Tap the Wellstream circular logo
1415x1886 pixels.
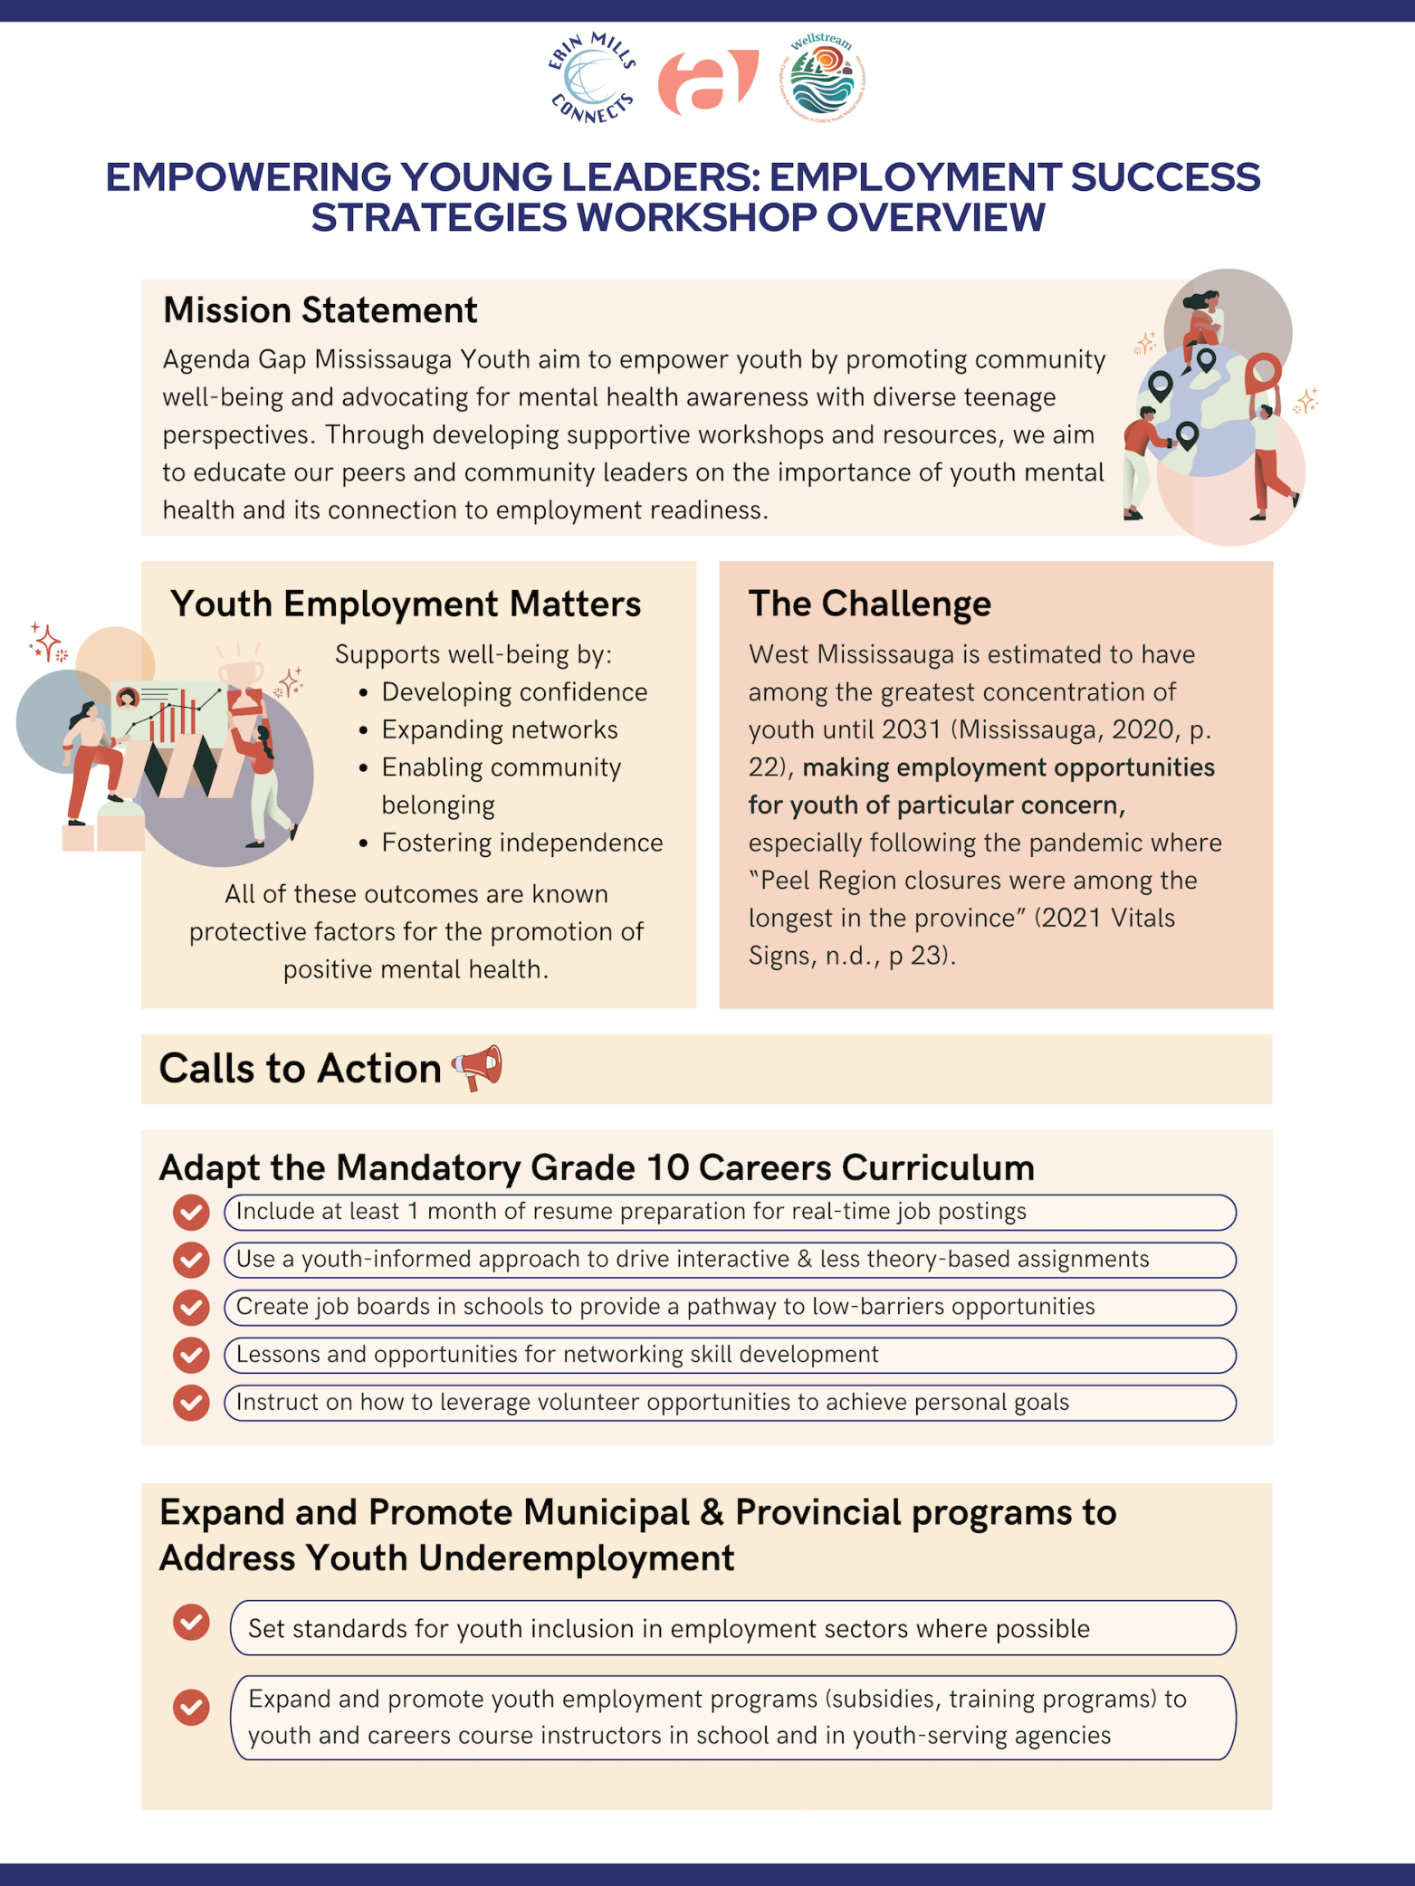(x=822, y=78)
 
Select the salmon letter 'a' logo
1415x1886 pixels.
(x=707, y=82)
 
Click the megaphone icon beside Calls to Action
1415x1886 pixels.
(x=477, y=1068)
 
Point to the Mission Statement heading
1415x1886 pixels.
(x=320, y=310)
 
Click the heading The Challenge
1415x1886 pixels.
(x=869, y=604)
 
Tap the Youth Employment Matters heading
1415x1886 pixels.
(x=406, y=604)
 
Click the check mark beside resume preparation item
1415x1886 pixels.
(x=191, y=1213)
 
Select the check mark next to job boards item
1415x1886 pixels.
(x=191, y=1308)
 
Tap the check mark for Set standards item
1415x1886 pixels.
(x=191, y=1623)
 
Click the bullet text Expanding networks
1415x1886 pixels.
(x=499, y=729)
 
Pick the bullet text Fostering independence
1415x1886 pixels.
(x=521, y=843)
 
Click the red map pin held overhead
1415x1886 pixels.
(x=1263, y=372)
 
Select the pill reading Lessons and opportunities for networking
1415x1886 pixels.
(x=729, y=1355)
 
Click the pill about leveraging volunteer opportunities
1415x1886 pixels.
(x=729, y=1403)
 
